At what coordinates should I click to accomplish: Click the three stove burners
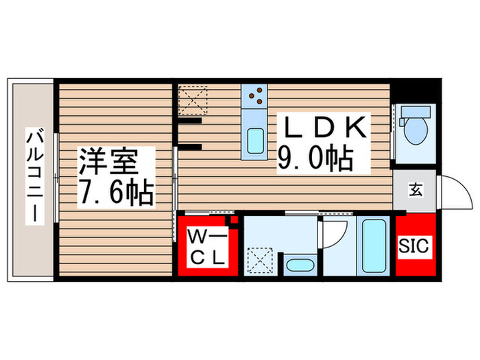click(256, 97)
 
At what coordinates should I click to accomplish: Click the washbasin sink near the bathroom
click(298, 265)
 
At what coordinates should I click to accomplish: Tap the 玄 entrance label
click(416, 190)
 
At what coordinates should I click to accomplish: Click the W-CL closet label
click(204, 247)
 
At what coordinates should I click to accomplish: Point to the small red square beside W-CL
click(235, 221)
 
